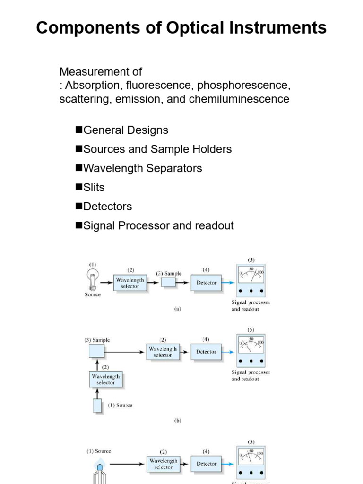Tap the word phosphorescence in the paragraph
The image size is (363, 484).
(x=244, y=85)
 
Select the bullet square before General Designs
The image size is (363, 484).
(x=79, y=130)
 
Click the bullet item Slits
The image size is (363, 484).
(x=94, y=187)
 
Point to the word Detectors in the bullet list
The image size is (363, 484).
(x=108, y=207)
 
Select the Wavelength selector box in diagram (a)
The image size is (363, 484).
(x=130, y=283)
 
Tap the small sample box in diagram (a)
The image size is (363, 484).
(x=169, y=283)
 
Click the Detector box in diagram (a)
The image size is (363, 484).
(x=206, y=283)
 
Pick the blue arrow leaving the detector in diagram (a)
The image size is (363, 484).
(x=228, y=283)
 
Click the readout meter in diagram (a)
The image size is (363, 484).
(x=251, y=280)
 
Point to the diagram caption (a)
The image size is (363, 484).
(x=178, y=309)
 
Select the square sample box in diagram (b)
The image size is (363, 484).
(x=96, y=351)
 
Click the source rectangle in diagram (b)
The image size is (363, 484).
(x=97, y=406)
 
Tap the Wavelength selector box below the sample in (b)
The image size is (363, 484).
(x=106, y=380)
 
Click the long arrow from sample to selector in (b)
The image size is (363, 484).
(x=124, y=352)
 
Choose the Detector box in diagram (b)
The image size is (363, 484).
(x=206, y=352)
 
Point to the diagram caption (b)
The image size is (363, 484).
(x=178, y=420)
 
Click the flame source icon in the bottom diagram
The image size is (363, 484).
(x=100, y=472)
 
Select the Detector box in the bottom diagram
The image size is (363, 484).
(x=206, y=464)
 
